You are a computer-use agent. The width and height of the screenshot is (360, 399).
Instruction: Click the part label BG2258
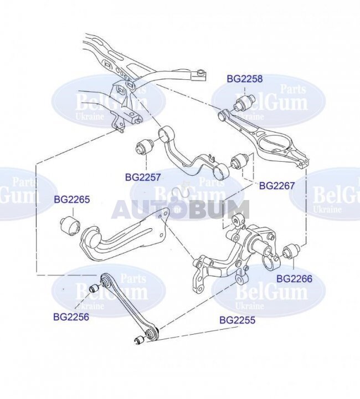245,79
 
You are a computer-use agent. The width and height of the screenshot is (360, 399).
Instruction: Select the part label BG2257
143,177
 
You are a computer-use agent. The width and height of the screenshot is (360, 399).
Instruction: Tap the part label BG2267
276,186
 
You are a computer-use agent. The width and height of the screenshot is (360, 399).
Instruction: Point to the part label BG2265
72,199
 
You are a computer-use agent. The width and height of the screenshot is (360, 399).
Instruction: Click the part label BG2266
294,279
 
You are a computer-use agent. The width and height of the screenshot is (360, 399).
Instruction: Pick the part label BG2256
71,317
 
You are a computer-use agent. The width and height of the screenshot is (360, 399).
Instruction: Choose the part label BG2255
237,320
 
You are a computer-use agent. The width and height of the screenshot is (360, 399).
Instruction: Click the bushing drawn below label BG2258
244,103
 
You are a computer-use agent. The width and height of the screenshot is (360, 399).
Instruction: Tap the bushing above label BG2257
144,146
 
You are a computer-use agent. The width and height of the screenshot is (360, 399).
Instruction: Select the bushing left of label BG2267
239,161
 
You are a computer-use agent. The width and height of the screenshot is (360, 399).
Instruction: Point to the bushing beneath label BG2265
70,225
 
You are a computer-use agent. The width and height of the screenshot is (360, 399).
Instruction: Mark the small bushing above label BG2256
95,288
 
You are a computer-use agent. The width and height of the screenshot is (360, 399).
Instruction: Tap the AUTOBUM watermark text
180,209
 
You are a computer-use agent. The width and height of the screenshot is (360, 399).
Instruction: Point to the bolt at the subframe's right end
201,71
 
